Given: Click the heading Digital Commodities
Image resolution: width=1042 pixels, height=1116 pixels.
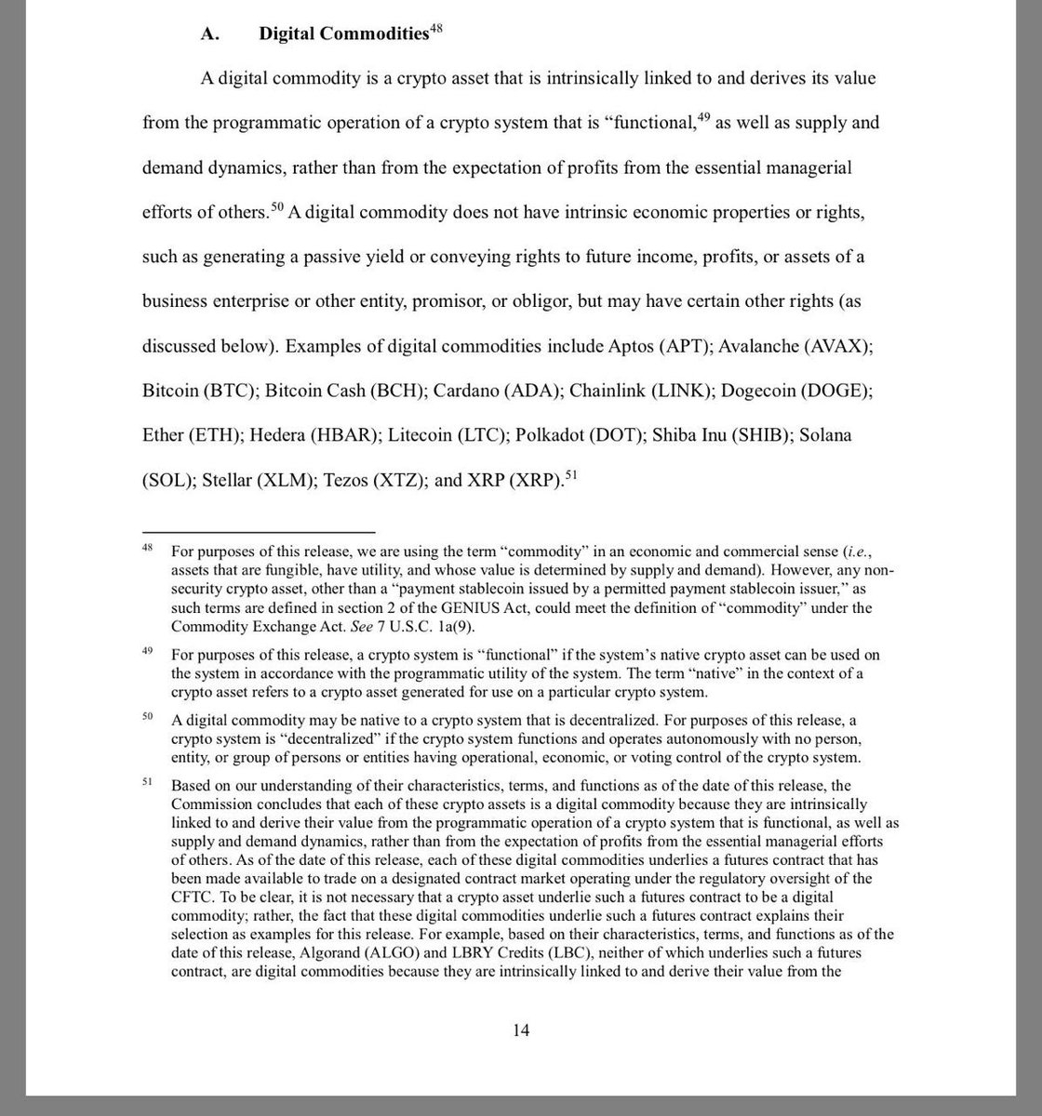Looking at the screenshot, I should click(x=342, y=33).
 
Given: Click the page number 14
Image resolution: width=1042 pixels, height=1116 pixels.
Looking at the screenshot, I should click(x=520, y=1030).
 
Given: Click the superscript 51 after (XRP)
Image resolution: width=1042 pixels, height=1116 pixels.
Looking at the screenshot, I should click(x=572, y=474).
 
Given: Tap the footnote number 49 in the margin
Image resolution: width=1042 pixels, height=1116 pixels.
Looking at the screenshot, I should click(x=148, y=651).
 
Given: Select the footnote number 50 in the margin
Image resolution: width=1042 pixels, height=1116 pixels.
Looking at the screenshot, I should click(x=148, y=716).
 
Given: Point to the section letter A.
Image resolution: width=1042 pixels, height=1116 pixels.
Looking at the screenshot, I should click(x=208, y=34).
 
